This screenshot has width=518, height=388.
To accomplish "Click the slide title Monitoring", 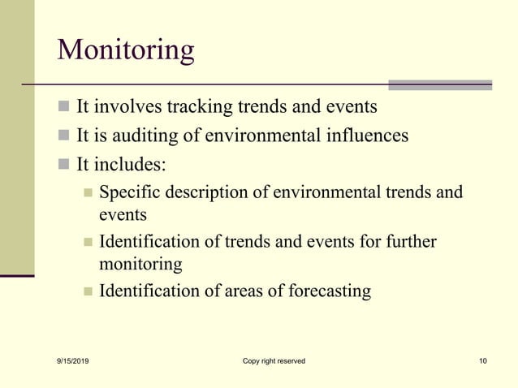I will point(126,50).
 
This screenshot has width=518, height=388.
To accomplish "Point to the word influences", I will point(366,136).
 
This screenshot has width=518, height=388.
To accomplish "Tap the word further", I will point(408,242).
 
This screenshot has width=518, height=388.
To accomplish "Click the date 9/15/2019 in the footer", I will point(76,360).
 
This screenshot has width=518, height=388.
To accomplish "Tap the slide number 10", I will point(483,360).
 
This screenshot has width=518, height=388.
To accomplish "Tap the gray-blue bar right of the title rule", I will point(439,84).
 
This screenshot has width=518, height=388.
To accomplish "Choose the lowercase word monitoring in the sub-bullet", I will point(140,264).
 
